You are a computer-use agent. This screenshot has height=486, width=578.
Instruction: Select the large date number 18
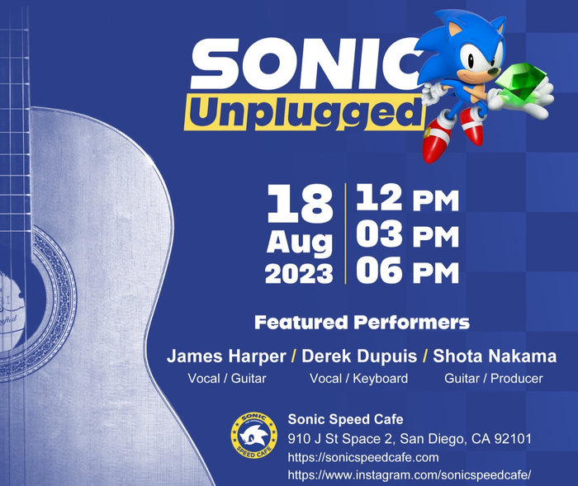298,203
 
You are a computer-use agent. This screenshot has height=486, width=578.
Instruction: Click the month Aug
299,243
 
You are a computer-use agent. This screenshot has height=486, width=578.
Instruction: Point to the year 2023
299,274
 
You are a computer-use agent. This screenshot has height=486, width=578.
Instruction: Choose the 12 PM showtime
407,199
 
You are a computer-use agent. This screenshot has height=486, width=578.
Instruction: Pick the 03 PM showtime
407,235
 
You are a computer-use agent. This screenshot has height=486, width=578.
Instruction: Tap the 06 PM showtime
407,271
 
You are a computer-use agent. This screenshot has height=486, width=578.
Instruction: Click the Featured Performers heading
362,322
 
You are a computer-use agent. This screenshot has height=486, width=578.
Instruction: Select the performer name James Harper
226,357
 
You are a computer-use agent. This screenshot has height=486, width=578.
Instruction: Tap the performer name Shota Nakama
495,357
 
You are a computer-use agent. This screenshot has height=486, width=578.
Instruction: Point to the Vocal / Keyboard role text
358,379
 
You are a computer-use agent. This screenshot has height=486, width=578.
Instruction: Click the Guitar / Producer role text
494,379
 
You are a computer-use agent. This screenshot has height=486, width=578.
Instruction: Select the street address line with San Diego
410,438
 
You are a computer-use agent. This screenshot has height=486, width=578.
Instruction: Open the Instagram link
409,475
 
